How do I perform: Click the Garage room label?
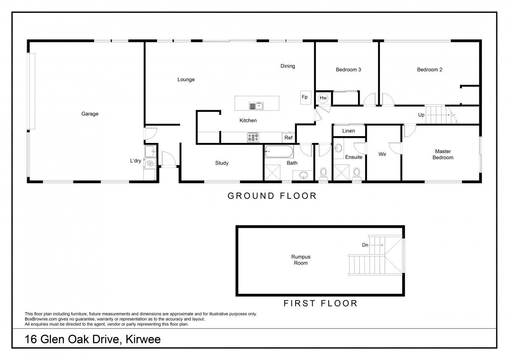point(90,114)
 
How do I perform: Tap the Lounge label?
point(186,79)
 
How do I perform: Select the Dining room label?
point(288,66)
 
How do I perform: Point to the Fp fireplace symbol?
point(305,98)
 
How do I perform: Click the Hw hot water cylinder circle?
point(323,98)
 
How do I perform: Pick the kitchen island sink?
point(256,106)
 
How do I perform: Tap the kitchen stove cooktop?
point(253,137)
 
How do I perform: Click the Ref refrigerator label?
point(288,138)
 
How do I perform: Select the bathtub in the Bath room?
point(279,151)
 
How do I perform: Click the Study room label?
point(221,163)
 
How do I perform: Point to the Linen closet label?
point(348,131)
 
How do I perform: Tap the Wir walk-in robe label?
point(383,154)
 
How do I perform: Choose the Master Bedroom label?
point(443,154)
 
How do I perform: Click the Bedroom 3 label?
point(348,70)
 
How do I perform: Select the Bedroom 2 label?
point(429,70)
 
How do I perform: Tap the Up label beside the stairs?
point(421,115)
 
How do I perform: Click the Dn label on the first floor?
point(365,245)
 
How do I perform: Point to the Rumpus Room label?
point(301,260)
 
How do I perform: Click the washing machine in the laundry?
point(150,163)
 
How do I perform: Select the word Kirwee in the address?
point(143,339)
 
